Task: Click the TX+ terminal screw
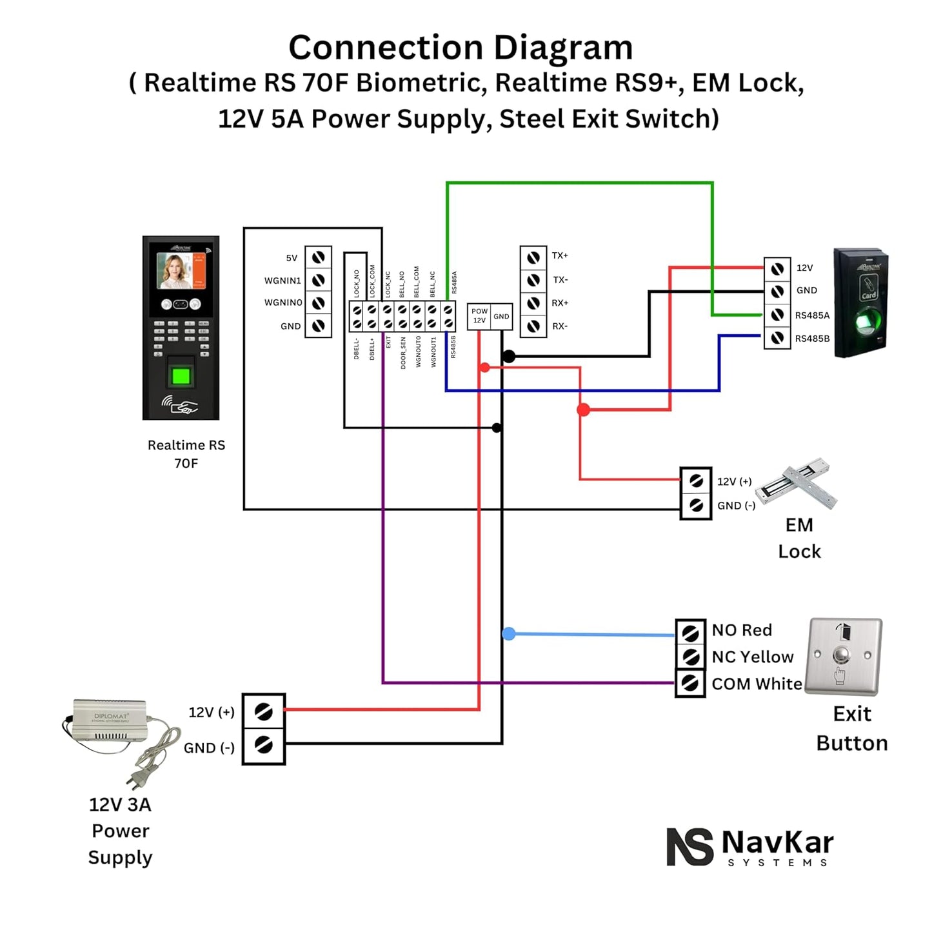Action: click(x=533, y=258)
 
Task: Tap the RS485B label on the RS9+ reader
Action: click(x=812, y=339)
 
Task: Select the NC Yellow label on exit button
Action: click(x=752, y=657)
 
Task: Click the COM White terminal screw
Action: click(x=690, y=683)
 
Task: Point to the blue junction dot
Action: click(x=509, y=634)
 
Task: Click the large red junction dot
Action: click(x=583, y=410)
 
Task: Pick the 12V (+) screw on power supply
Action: click(x=263, y=712)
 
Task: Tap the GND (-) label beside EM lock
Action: click(x=736, y=506)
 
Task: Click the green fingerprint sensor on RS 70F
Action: click(x=181, y=375)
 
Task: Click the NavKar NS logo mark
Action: click(x=689, y=846)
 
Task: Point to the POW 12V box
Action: click(x=479, y=316)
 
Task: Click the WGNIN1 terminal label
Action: click(x=283, y=281)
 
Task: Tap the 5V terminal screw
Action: click(x=318, y=258)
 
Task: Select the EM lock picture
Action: click(x=797, y=484)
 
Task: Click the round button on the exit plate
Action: click(x=841, y=655)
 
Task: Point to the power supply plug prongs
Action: click(x=134, y=780)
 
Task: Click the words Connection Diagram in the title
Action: click(x=461, y=48)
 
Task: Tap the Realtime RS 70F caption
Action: click(x=186, y=454)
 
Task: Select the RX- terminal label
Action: click(x=560, y=326)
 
